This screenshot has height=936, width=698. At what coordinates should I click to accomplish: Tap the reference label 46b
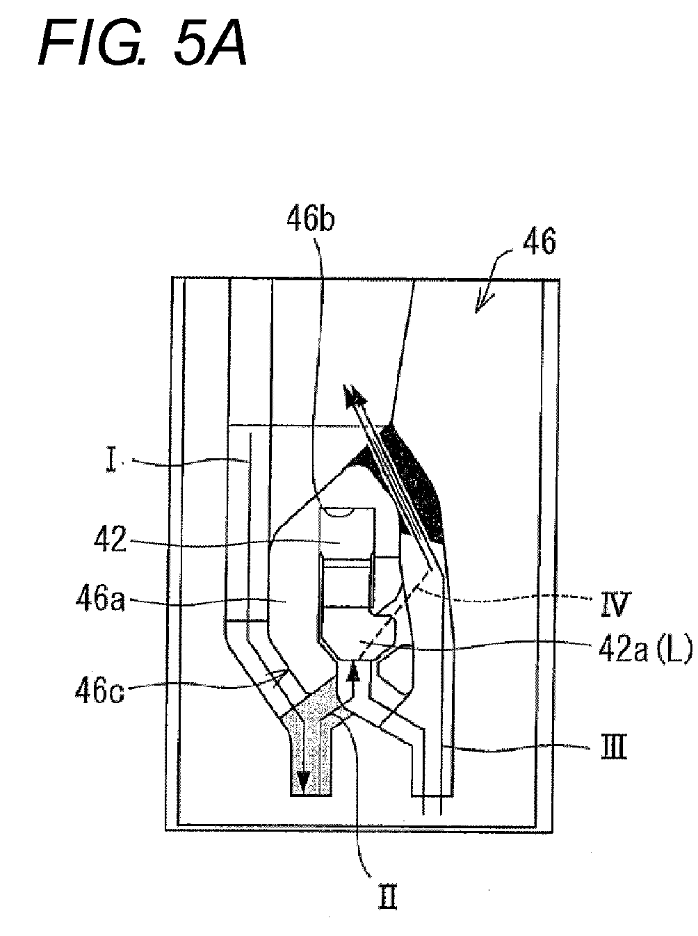tap(311, 220)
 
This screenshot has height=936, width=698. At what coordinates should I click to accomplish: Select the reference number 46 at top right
tap(540, 241)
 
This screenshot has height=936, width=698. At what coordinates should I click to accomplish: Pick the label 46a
tap(101, 599)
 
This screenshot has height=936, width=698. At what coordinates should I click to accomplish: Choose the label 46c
tap(99, 691)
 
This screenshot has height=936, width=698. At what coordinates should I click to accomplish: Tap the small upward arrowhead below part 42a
tap(352, 671)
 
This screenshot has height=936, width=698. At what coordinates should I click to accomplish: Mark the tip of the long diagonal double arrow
tap(343, 385)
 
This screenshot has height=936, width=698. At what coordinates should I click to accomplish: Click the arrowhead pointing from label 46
tap(477, 310)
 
